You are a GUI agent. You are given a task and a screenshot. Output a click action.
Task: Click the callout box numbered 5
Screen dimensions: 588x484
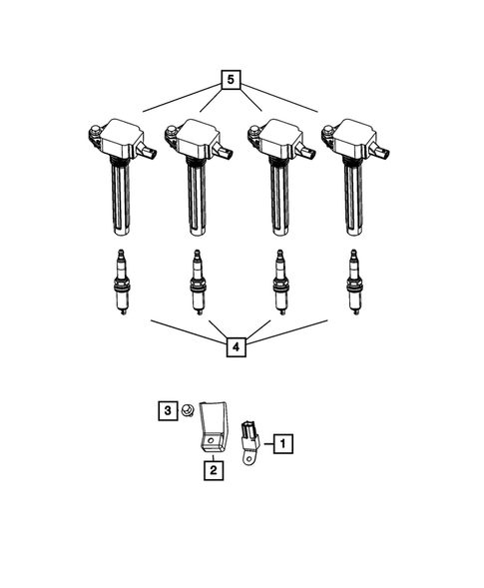[232, 79]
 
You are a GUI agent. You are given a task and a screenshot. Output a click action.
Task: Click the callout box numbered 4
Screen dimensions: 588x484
[237, 347]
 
